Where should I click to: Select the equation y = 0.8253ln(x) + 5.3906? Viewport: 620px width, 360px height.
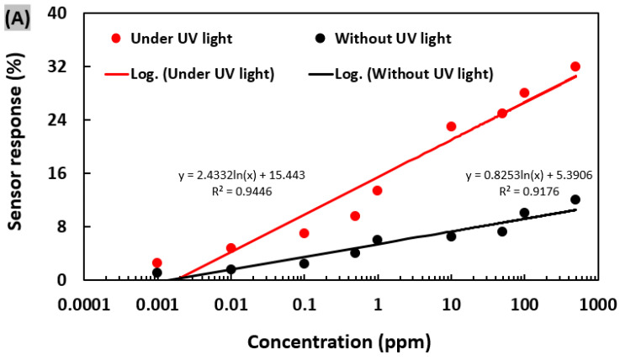coord(528,176)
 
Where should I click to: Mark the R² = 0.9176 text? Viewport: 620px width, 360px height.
coord(528,191)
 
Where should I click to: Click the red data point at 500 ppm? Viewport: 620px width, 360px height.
coord(575,66)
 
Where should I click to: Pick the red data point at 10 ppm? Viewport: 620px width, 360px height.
coord(451,126)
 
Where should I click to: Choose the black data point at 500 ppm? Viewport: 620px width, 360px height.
coord(575,199)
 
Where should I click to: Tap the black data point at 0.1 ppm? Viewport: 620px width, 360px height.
coord(304,263)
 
